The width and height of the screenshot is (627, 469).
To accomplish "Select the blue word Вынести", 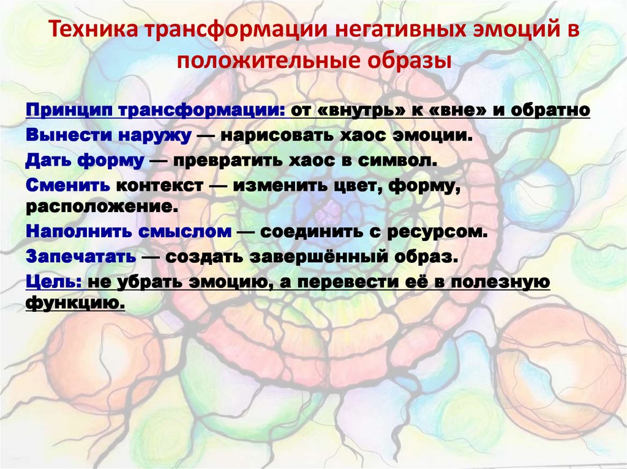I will pos(66,135).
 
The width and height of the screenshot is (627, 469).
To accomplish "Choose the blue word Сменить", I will pos(68,184).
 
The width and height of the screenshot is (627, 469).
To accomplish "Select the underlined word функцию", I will pos(75,303).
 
